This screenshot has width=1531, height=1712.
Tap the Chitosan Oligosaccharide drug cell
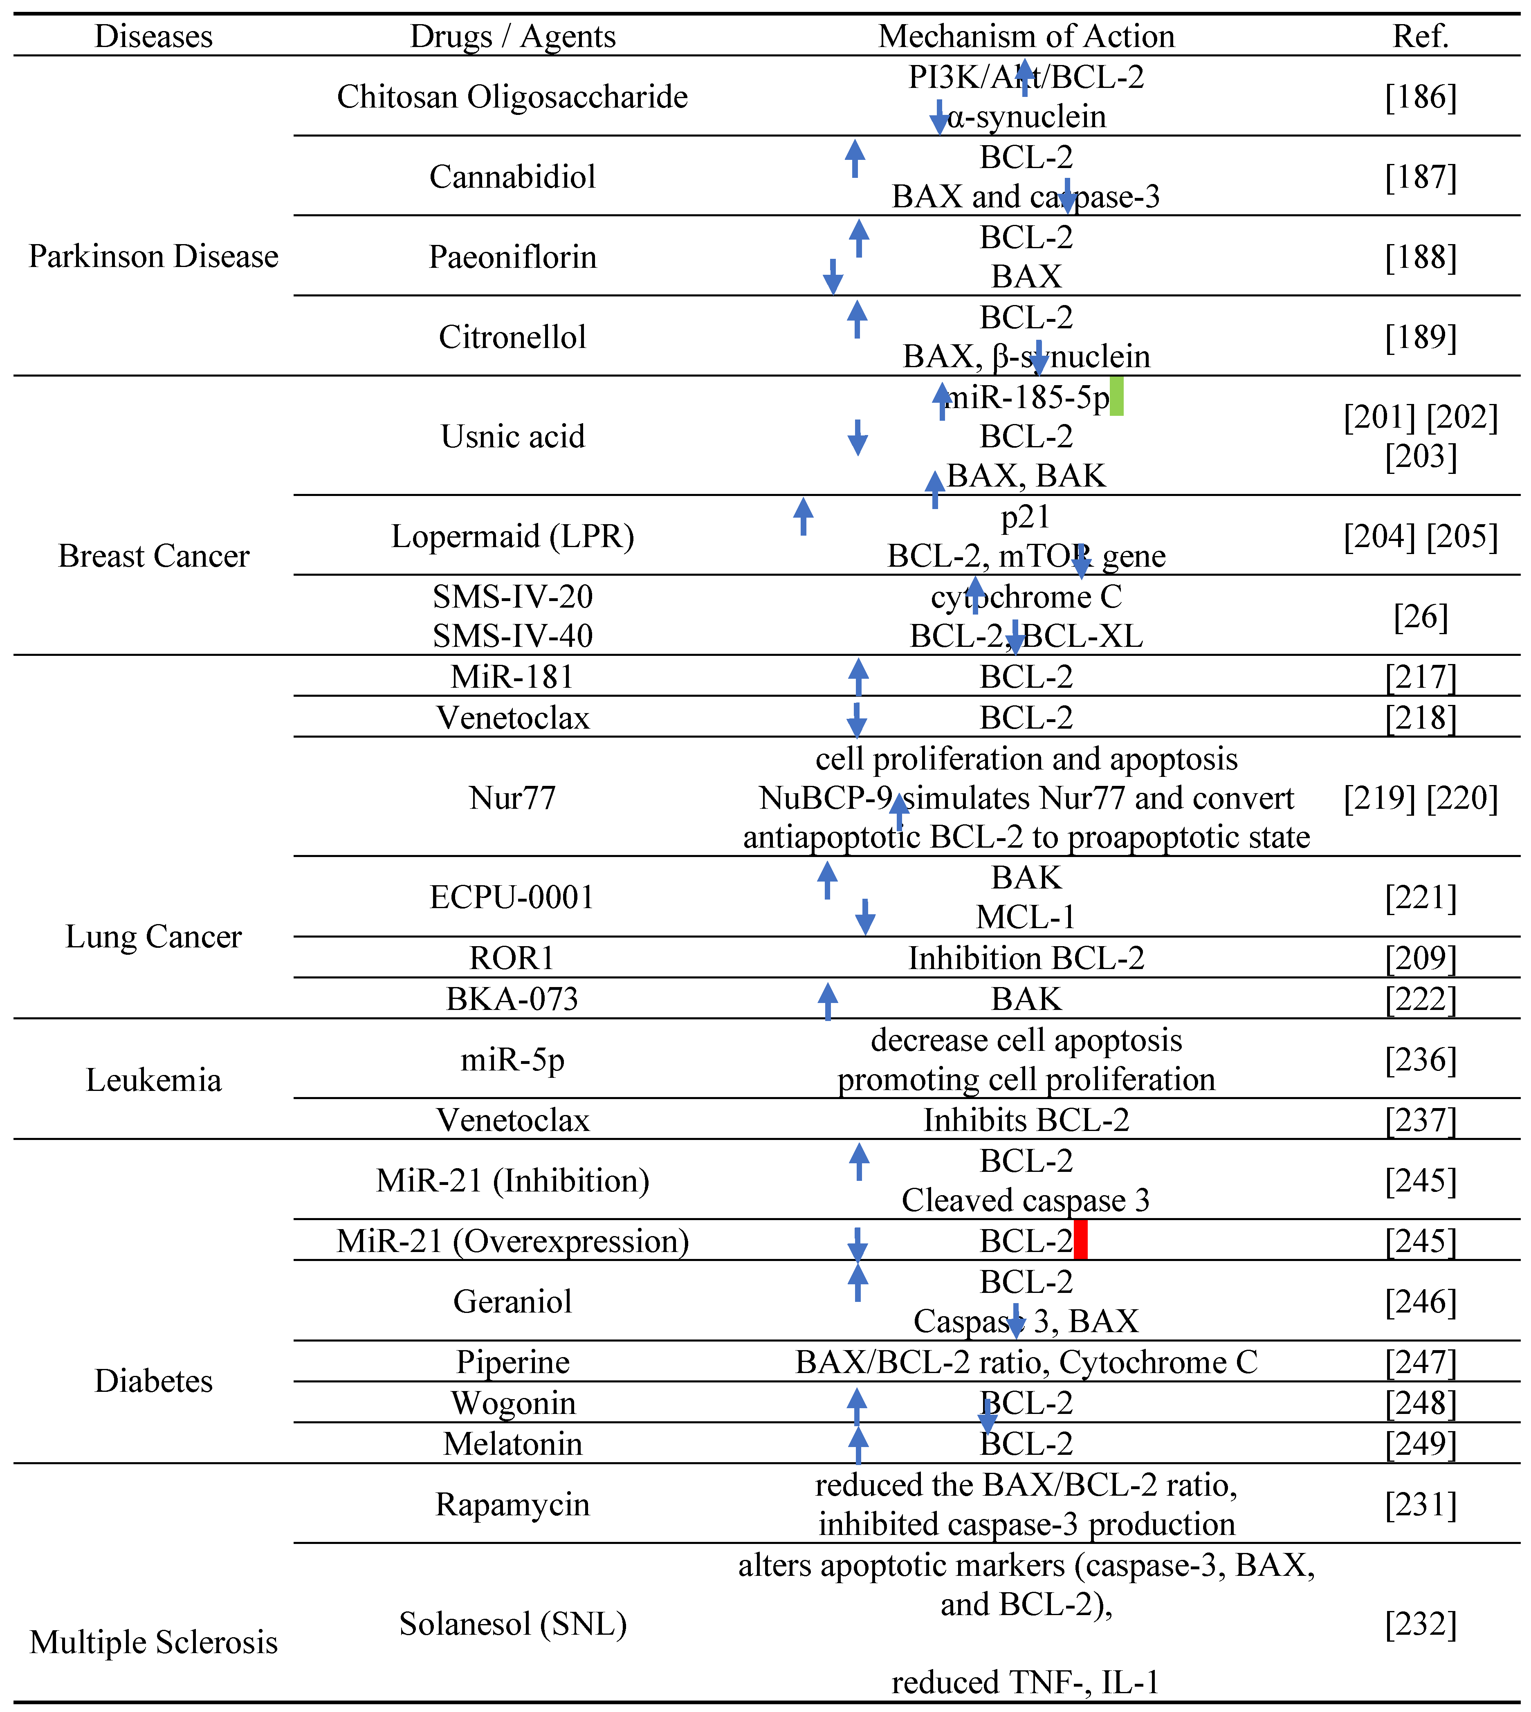click(x=512, y=97)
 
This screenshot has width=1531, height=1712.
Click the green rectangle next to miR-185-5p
click(x=1116, y=396)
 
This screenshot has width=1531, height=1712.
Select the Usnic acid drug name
click(x=512, y=436)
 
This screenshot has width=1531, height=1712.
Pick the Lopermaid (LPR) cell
click(x=512, y=536)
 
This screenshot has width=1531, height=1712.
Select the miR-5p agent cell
click(x=512, y=1059)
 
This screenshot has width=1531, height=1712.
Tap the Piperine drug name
click(x=512, y=1361)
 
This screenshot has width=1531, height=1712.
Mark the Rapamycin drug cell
click(x=512, y=1503)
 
